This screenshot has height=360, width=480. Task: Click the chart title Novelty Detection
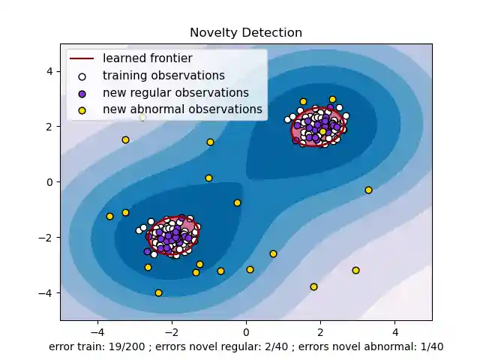click(246, 33)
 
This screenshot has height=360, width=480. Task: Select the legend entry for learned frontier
click(147, 58)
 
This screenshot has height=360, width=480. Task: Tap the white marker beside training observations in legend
click(82, 76)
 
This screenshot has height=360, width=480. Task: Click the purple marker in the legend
click(82, 93)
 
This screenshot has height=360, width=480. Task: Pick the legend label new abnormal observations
click(182, 110)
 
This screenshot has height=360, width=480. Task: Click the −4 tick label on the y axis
click(47, 292)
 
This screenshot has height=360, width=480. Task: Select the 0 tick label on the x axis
click(246, 331)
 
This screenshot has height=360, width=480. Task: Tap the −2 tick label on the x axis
click(171, 331)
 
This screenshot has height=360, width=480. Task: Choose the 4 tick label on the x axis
click(395, 331)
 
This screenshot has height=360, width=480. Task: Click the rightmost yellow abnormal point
click(368, 190)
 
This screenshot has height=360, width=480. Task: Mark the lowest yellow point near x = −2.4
click(158, 292)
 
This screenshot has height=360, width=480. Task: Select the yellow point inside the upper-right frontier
click(322, 131)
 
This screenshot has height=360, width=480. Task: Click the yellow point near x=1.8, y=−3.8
click(313, 286)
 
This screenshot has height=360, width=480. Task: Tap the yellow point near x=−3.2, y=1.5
click(125, 139)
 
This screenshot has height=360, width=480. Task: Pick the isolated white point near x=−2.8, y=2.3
click(142, 118)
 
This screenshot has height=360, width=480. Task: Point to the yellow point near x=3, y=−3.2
click(355, 270)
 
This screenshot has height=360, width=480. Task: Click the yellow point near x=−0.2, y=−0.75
click(237, 202)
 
